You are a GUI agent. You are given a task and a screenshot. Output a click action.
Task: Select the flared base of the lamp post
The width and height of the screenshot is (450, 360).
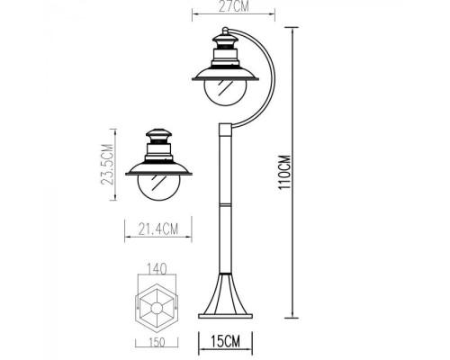(224, 298)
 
